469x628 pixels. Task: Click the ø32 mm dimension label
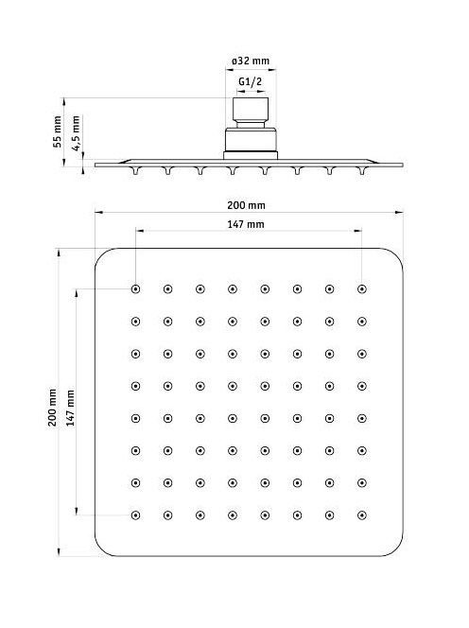251,61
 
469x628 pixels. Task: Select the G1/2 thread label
251,81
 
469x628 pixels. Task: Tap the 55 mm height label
58,131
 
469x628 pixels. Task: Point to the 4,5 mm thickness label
76,133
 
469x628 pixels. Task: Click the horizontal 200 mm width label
246,205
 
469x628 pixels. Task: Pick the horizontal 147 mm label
246,224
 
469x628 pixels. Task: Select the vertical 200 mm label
52,407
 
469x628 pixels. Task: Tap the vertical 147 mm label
71,408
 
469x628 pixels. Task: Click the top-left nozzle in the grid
136,289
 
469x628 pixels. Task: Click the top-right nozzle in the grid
362,289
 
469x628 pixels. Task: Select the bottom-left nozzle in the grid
136,515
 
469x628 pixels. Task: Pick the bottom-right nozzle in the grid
362,515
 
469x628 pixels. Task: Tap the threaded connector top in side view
251,110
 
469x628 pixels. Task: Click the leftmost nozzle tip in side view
136,171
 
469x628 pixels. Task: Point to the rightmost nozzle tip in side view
362,171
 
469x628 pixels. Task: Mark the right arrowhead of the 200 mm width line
399,212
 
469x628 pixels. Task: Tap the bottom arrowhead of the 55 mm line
64,162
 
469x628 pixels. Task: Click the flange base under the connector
251,156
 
